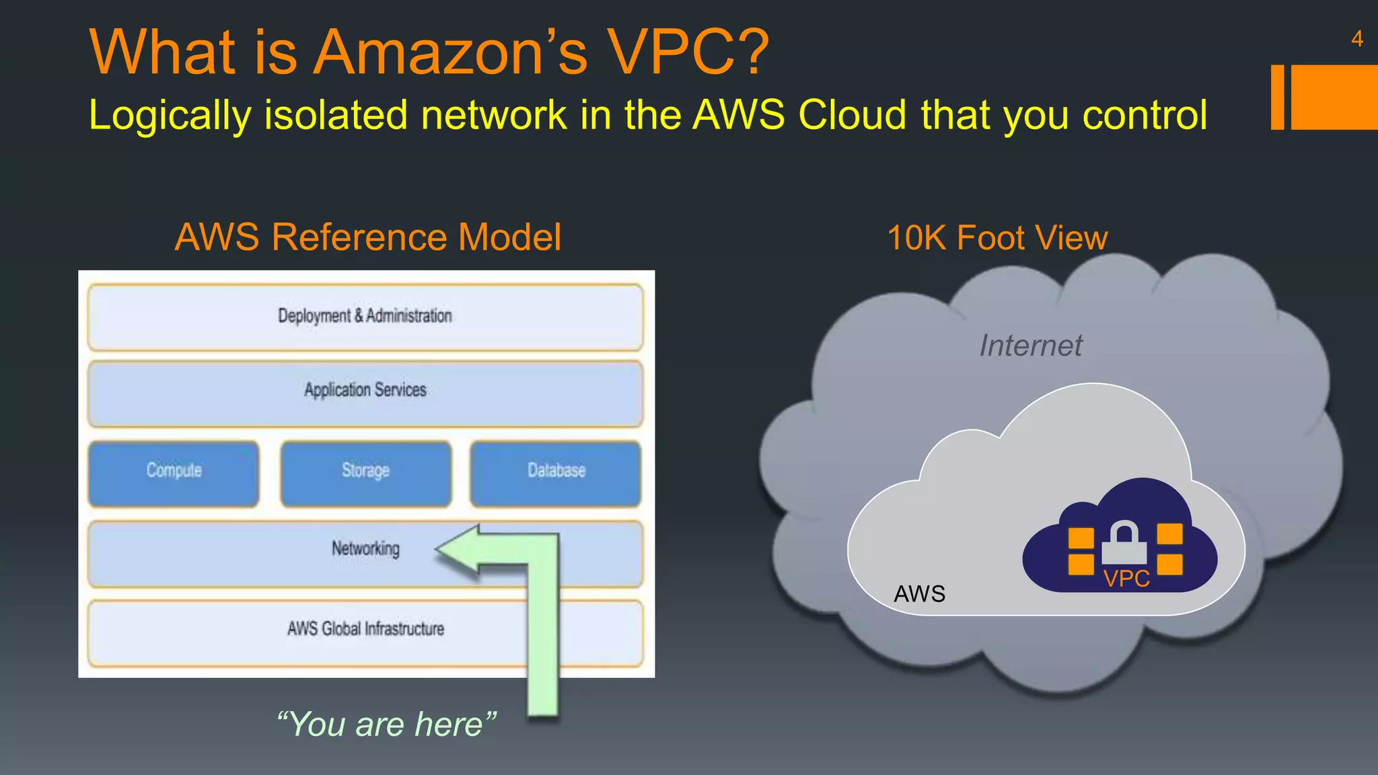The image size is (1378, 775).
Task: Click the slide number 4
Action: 1356,39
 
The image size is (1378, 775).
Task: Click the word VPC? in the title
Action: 688,52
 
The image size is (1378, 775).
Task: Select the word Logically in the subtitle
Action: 170,116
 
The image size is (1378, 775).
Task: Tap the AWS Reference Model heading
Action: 367,237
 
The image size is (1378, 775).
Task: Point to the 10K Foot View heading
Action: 997,238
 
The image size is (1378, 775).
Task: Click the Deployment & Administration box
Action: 365,316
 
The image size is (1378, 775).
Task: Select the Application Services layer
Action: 365,391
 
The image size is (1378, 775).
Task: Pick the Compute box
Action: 174,471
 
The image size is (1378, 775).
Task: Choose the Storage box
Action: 365,471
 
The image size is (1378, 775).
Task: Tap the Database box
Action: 556,471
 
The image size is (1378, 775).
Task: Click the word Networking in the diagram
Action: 365,549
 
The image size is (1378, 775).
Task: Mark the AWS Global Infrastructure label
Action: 365,629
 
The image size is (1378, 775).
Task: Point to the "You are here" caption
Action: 386,725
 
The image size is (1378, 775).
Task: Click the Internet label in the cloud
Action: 1030,346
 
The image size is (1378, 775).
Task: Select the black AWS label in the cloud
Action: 919,594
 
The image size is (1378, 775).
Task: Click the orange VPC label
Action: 1126,579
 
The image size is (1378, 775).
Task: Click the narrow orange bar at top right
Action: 1277,97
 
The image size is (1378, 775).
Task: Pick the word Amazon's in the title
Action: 451,52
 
